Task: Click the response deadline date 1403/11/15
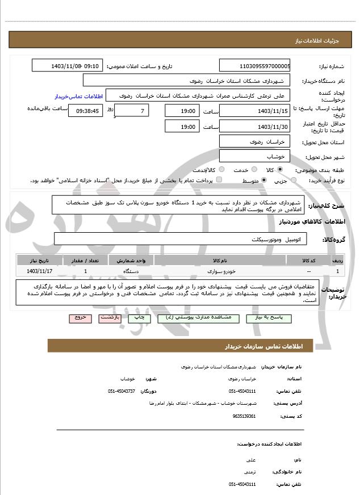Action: [x=254, y=111]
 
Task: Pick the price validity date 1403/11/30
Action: [x=254, y=126]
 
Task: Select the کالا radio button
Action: [x=280, y=169]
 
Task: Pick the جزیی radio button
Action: [x=294, y=180]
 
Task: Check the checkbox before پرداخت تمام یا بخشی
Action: [x=219, y=180]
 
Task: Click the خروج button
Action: [x=79, y=318]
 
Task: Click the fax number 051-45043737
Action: [x=122, y=391]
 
